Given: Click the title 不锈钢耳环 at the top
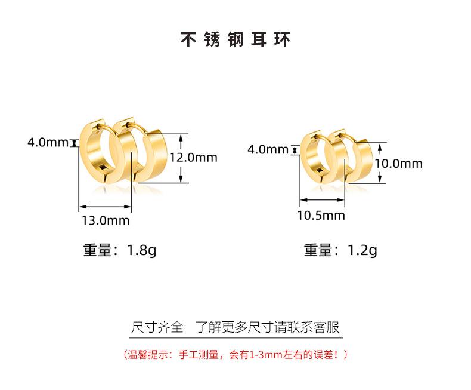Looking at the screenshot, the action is [235, 40].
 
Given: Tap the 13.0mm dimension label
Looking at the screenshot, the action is [105, 220].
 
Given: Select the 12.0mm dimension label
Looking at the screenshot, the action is [194, 158].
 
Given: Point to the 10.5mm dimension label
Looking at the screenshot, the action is [321, 215].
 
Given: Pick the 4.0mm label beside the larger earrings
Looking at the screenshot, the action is [48, 143].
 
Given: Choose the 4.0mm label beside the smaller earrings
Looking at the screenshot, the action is [268, 149].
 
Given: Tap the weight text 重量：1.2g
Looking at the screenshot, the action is [340, 250].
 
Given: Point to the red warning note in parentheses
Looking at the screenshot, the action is [235, 355].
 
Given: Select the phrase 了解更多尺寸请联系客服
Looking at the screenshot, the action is [268, 327].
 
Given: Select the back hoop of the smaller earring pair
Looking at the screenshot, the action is [349, 156].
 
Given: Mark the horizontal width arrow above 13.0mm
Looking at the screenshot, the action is [105, 207].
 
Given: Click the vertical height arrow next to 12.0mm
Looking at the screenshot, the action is [180, 158].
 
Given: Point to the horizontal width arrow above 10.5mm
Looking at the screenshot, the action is [321, 201].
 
